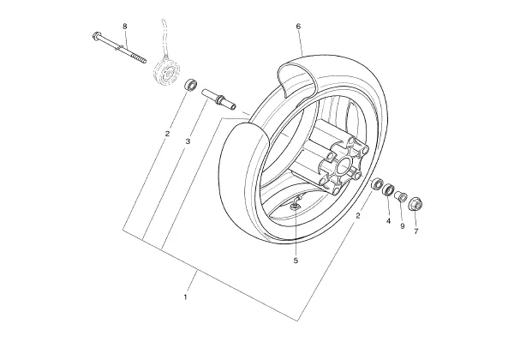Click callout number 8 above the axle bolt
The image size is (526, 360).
tap(125, 27)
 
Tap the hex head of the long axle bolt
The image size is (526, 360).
tap(96, 35)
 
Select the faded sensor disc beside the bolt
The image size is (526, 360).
tap(167, 73)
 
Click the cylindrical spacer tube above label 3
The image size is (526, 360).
tap(218, 99)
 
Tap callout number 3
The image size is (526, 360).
tap(188, 141)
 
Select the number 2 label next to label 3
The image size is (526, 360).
tap(167, 134)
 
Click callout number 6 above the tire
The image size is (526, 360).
tap(298, 27)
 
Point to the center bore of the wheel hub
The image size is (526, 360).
tap(344, 165)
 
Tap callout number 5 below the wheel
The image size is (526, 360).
tap(296, 261)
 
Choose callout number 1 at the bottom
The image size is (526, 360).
tap(185, 297)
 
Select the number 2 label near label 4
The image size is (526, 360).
tap(358, 216)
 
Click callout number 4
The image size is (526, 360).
tap(388, 221)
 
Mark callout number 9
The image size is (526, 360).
tap(403, 226)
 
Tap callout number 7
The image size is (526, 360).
tap(416, 231)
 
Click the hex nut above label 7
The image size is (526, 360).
tap(415, 204)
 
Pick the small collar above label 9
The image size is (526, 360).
tap(400, 195)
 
